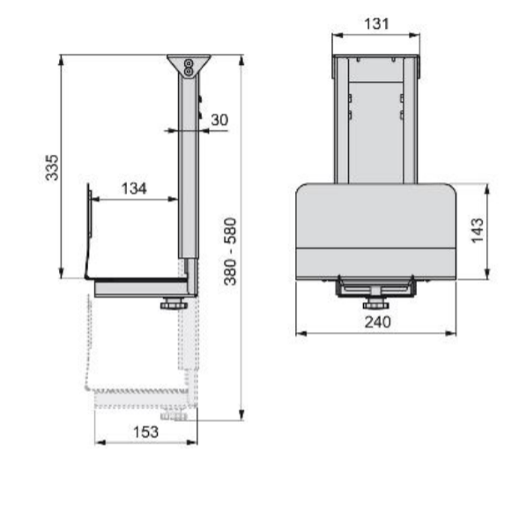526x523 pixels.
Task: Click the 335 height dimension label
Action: tap(52, 167)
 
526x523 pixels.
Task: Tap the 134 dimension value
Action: tap(134, 188)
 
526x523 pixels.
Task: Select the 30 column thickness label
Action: tap(219, 120)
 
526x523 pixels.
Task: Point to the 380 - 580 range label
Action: tap(231, 252)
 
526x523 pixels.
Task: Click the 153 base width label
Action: tap(146, 431)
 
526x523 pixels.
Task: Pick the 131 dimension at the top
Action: tap(376, 24)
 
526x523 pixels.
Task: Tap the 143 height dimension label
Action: tap(478, 231)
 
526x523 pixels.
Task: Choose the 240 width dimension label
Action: tap(378, 322)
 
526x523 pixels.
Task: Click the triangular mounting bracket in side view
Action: tap(189, 66)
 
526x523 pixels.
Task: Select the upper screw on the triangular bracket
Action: tap(189, 63)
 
